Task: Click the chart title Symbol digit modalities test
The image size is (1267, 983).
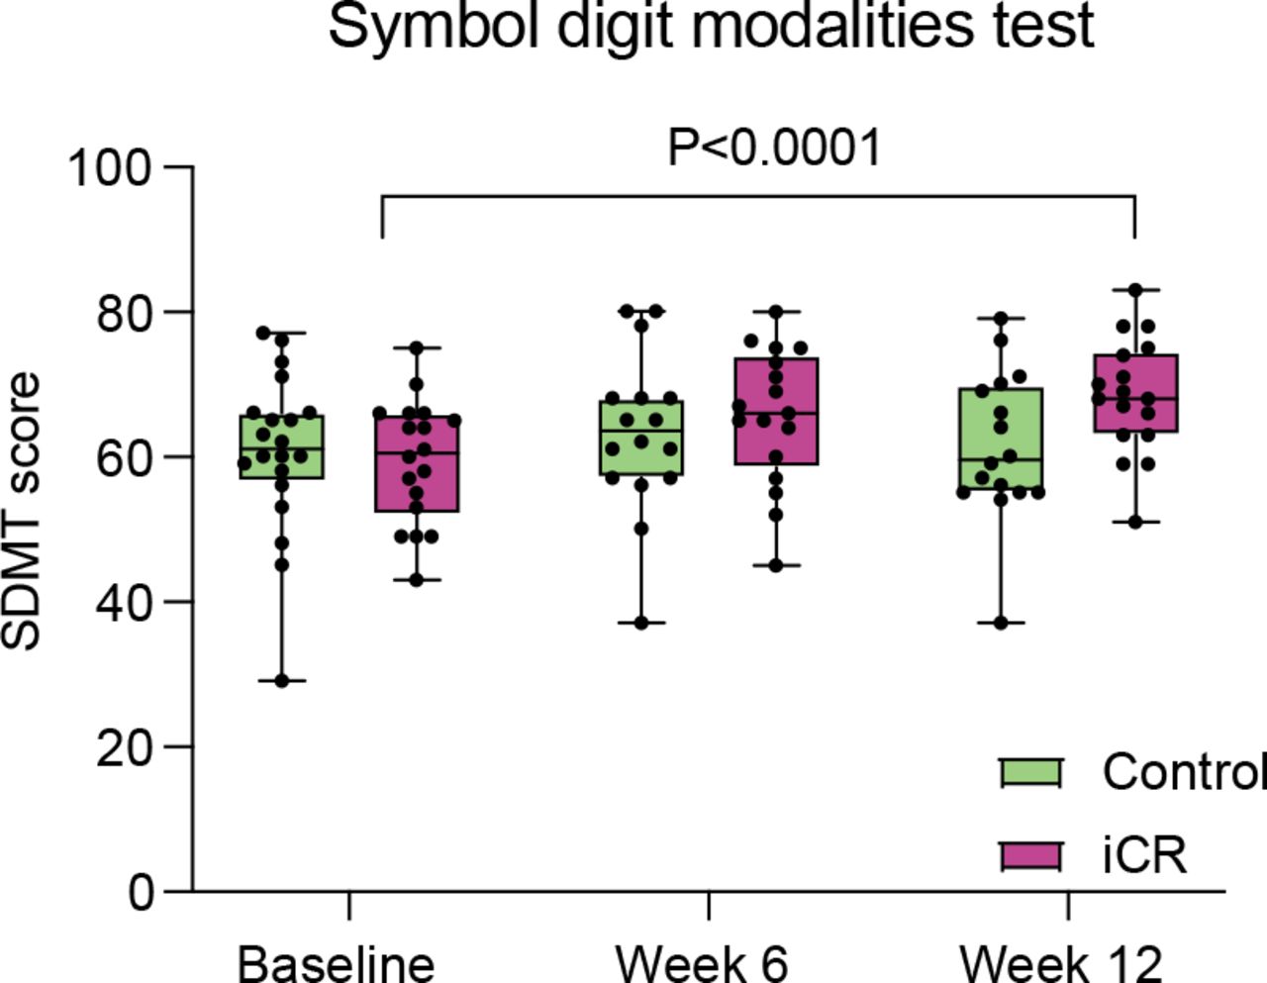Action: [x=711, y=27]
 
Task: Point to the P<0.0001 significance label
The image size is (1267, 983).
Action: [x=774, y=148]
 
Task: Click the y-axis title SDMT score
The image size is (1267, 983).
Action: [x=21, y=512]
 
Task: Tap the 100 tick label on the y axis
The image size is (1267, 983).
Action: [x=110, y=168]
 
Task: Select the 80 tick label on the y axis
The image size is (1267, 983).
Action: [x=124, y=313]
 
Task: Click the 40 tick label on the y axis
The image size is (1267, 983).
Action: [x=124, y=602]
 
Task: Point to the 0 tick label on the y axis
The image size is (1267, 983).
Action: [x=140, y=891]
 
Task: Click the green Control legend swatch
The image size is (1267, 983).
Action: [x=1030, y=772]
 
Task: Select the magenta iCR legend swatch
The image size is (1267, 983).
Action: [x=1030, y=856]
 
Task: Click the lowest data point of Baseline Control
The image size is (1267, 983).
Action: [x=282, y=680]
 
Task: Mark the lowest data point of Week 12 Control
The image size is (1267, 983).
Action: [x=1001, y=623]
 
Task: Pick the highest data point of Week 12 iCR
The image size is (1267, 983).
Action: [x=1135, y=290]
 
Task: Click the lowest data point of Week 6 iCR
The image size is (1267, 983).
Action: [x=776, y=565]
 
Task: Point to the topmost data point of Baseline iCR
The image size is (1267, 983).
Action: [x=417, y=348]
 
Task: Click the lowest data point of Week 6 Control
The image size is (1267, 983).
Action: [x=641, y=623]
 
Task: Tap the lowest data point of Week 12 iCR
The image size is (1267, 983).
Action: [x=1135, y=522]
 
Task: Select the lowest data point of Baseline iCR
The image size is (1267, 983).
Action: [x=417, y=580]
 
